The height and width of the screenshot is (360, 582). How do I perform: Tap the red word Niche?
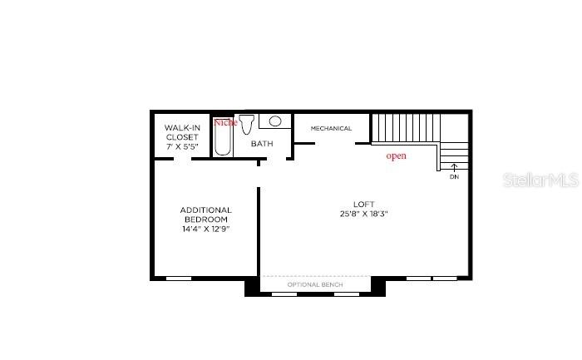tap(225, 122)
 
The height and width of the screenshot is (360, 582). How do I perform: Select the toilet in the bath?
tap(246, 125)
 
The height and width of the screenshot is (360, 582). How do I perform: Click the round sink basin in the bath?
tap(275, 121)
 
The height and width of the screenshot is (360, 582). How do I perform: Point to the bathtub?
tap(223, 136)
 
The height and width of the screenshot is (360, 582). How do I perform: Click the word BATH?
tap(262, 144)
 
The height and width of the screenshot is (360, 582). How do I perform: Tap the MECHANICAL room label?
tap(331, 128)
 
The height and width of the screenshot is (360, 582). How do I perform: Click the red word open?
tap(396, 155)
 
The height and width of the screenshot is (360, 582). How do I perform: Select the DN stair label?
tap(454, 177)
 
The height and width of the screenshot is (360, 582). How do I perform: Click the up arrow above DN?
tap(454, 168)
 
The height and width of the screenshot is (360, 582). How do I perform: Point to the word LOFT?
tap(364, 205)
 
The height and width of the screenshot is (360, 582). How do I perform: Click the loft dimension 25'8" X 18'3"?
tap(364, 214)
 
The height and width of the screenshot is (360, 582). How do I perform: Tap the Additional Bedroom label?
tap(206, 215)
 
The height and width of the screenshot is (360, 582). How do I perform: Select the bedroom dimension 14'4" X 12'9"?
tap(206, 229)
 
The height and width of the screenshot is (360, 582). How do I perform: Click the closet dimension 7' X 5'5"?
tap(182, 146)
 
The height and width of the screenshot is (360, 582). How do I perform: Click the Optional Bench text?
tap(315, 284)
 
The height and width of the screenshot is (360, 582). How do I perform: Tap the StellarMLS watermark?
tap(540, 180)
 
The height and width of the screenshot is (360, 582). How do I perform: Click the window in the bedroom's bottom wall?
tap(179, 279)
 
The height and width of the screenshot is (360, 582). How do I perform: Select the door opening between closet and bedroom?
tap(183, 159)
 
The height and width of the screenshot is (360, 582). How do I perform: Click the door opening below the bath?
tap(276, 159)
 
